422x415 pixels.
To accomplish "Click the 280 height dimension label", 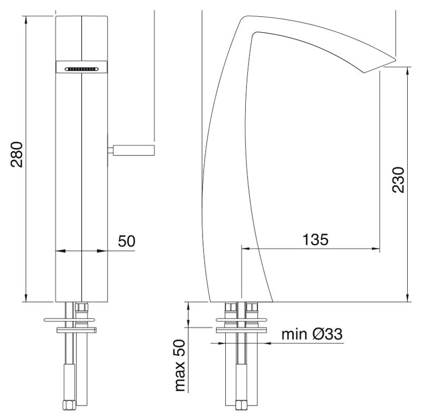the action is click(x=17, y=154).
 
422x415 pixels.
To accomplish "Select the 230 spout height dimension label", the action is click(x=398, y=180).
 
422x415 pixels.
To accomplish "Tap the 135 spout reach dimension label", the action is click(x=315, y=239).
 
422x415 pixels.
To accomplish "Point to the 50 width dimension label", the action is click(x=127, y=241).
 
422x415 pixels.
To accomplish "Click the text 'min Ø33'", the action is click(x=312, y=334).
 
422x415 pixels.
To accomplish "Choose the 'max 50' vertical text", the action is click(x=180, y=365).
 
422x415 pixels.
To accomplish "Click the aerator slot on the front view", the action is click(x=82, y=69).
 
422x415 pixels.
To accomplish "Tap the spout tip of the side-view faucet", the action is click(x=395, y=60).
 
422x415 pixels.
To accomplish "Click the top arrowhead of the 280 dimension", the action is click(x=26, y=20).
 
